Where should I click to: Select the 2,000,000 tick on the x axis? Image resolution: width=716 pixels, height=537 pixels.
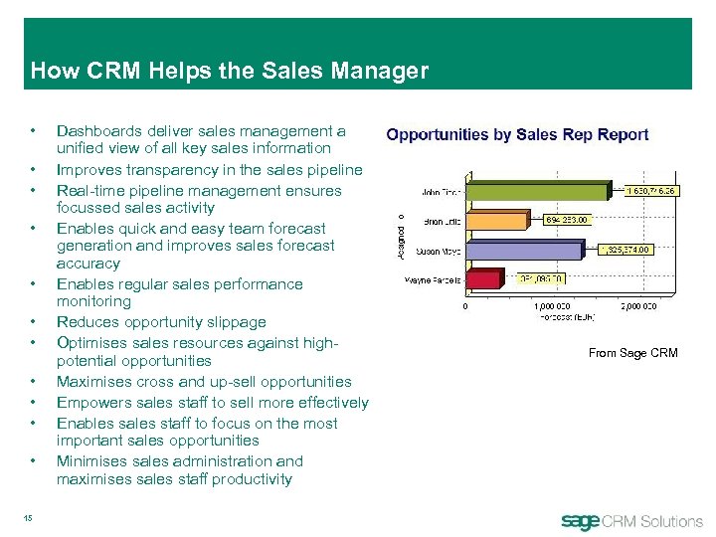click(x=637, y=306)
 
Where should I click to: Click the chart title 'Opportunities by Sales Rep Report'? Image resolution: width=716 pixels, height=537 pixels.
click(x=517, y=134)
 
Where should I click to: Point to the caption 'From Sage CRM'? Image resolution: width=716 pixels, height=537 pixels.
click(x=632, y=353)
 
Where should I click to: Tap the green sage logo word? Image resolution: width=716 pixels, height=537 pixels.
click(x=582, y=520)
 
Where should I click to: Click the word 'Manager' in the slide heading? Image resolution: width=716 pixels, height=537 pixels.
click(x=383, y=71)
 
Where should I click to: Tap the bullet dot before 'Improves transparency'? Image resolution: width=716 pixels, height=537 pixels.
click(x=34, y=170)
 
